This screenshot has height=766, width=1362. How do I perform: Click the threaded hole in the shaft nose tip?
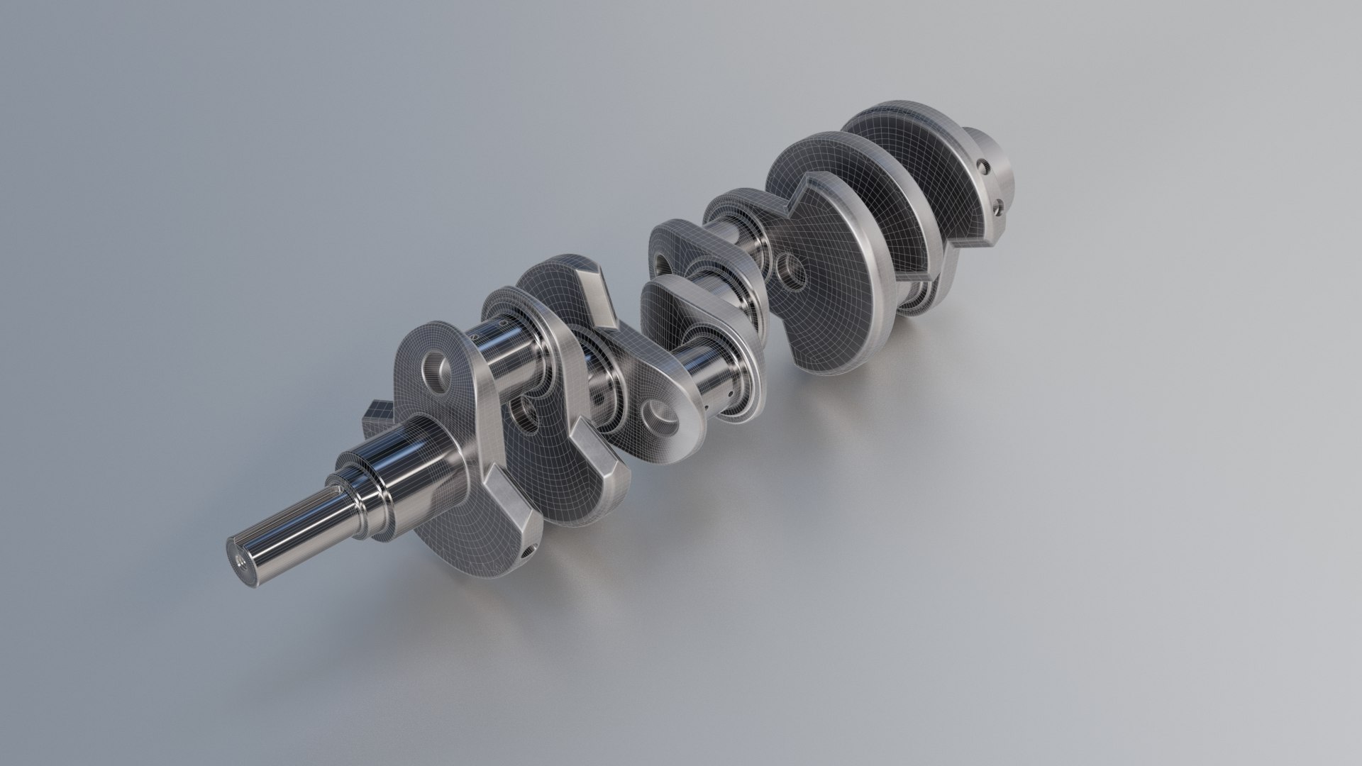(x=239, y=556)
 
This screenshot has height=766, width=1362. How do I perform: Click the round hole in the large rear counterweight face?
(x=790, y=268)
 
